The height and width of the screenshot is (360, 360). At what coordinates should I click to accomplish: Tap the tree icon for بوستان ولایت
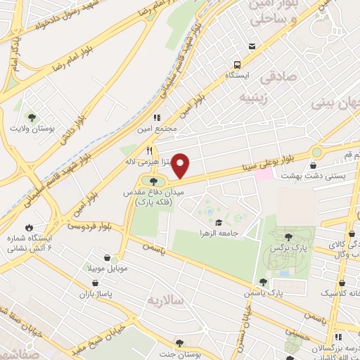[32, 116]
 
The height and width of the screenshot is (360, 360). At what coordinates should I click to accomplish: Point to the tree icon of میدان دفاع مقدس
[153, 183]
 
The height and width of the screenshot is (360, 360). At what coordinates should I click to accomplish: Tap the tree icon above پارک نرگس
[289, 237]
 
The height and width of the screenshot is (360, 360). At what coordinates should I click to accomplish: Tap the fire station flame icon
[29, 227]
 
